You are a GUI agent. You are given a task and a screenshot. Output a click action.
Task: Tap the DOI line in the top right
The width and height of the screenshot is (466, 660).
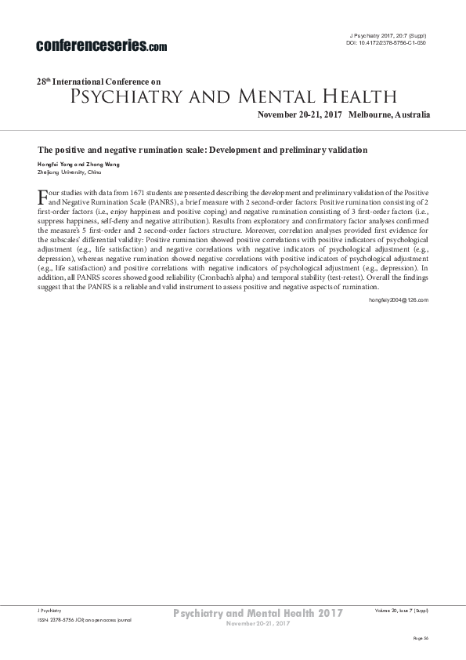click(x=386, y=43)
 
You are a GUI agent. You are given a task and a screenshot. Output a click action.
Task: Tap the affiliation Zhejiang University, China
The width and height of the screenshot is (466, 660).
click(x=70, y=170)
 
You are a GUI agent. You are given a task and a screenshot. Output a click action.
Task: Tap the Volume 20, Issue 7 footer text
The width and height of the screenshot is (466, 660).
click(x=402, y=609)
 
